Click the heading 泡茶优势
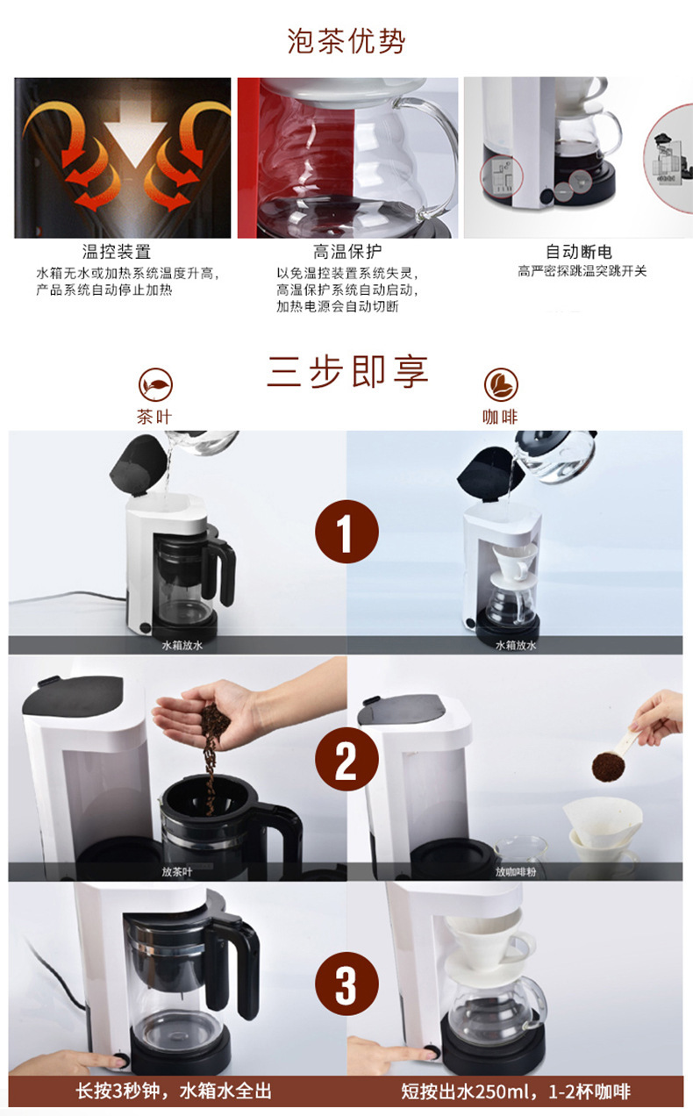click(x=346, y=41)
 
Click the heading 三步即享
click(x=347, y=372)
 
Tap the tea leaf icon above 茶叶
click(x=155, y=384)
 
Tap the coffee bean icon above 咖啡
click(x=501, y=384)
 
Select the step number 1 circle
click(x=346, y=532)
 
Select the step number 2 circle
click(x=346, y=759)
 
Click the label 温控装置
click(x=117, y=252)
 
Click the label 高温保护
click(x=347, y=252)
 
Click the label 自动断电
click(x=579, y=252)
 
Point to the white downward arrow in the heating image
click(x=132, y=132)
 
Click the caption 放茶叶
click(x=177, y=871)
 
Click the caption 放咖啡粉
click(x=516, y=871)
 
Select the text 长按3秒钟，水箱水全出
click(x=174, y=1091)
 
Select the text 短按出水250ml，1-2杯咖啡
click(x=516, y=1091)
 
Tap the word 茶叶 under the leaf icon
click(x=154, y=417)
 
